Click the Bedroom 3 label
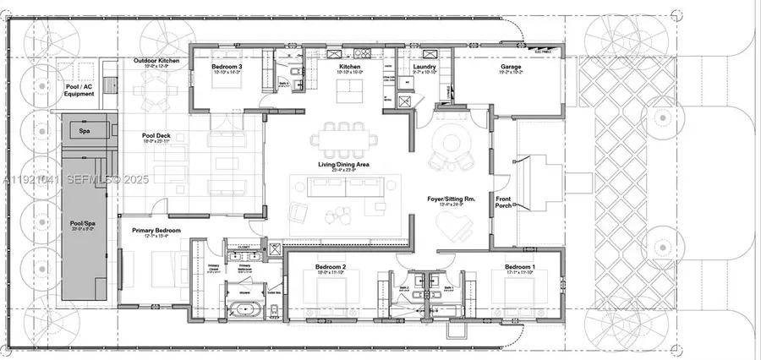tap(227, 66)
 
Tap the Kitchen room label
tap(351, 66)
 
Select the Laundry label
tap(423, 66)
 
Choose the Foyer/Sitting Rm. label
tap(452, 199)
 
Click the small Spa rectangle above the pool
tap(85, 131)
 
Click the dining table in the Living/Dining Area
tap(343, 137)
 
